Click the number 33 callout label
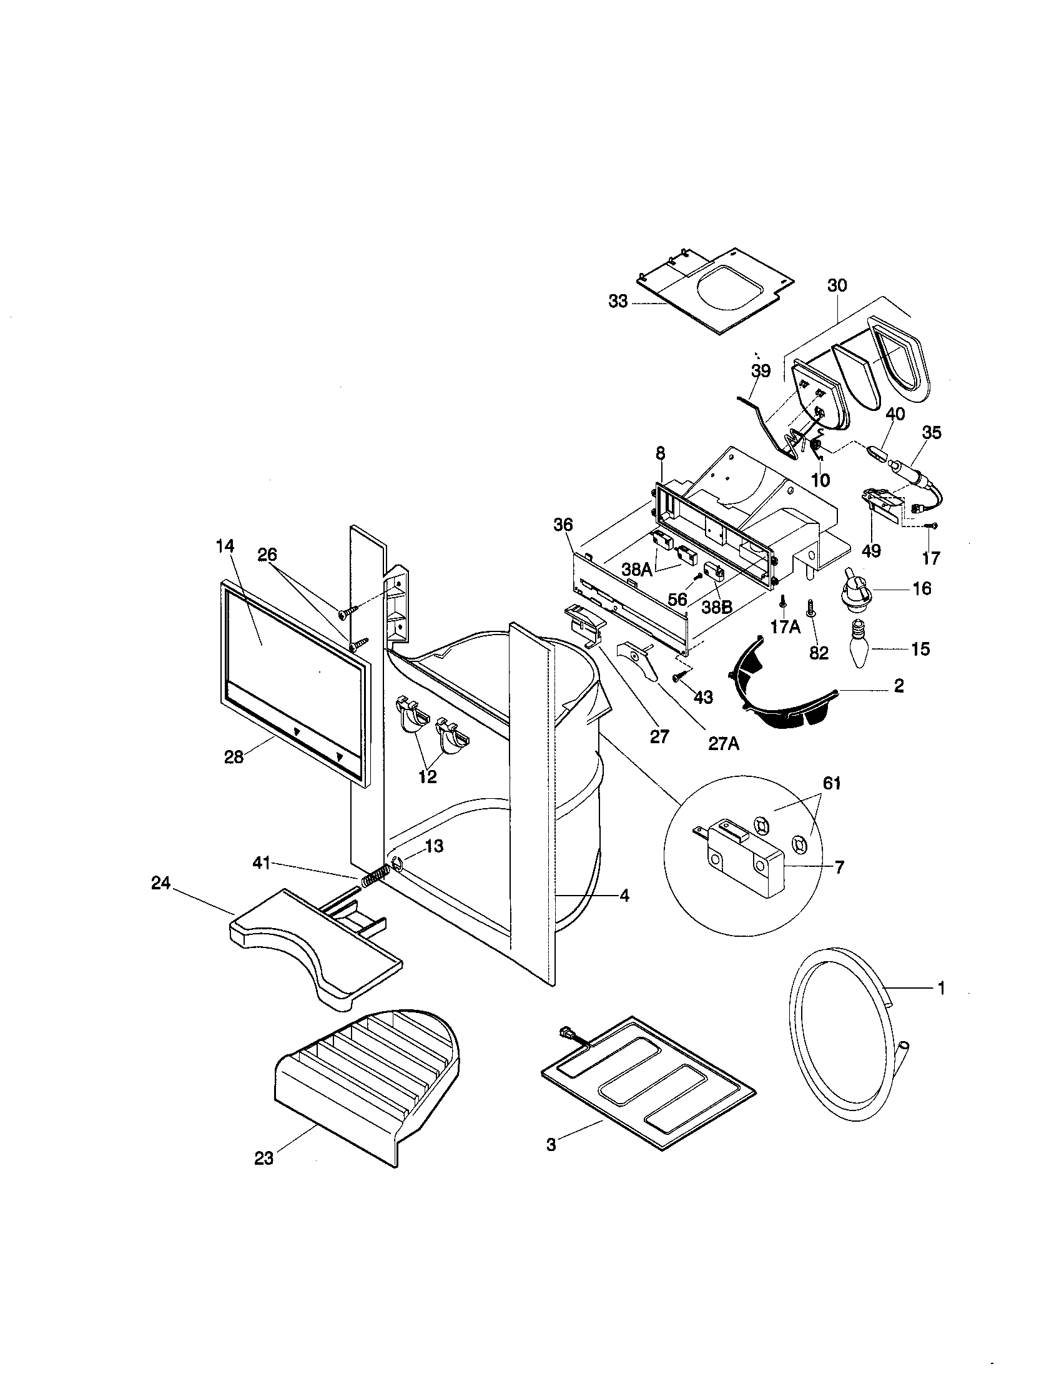click(618, 302)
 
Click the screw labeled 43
click(677, 678)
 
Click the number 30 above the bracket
click(837, 285)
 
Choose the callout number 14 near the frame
click(225, 546)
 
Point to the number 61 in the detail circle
click(831, 784)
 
